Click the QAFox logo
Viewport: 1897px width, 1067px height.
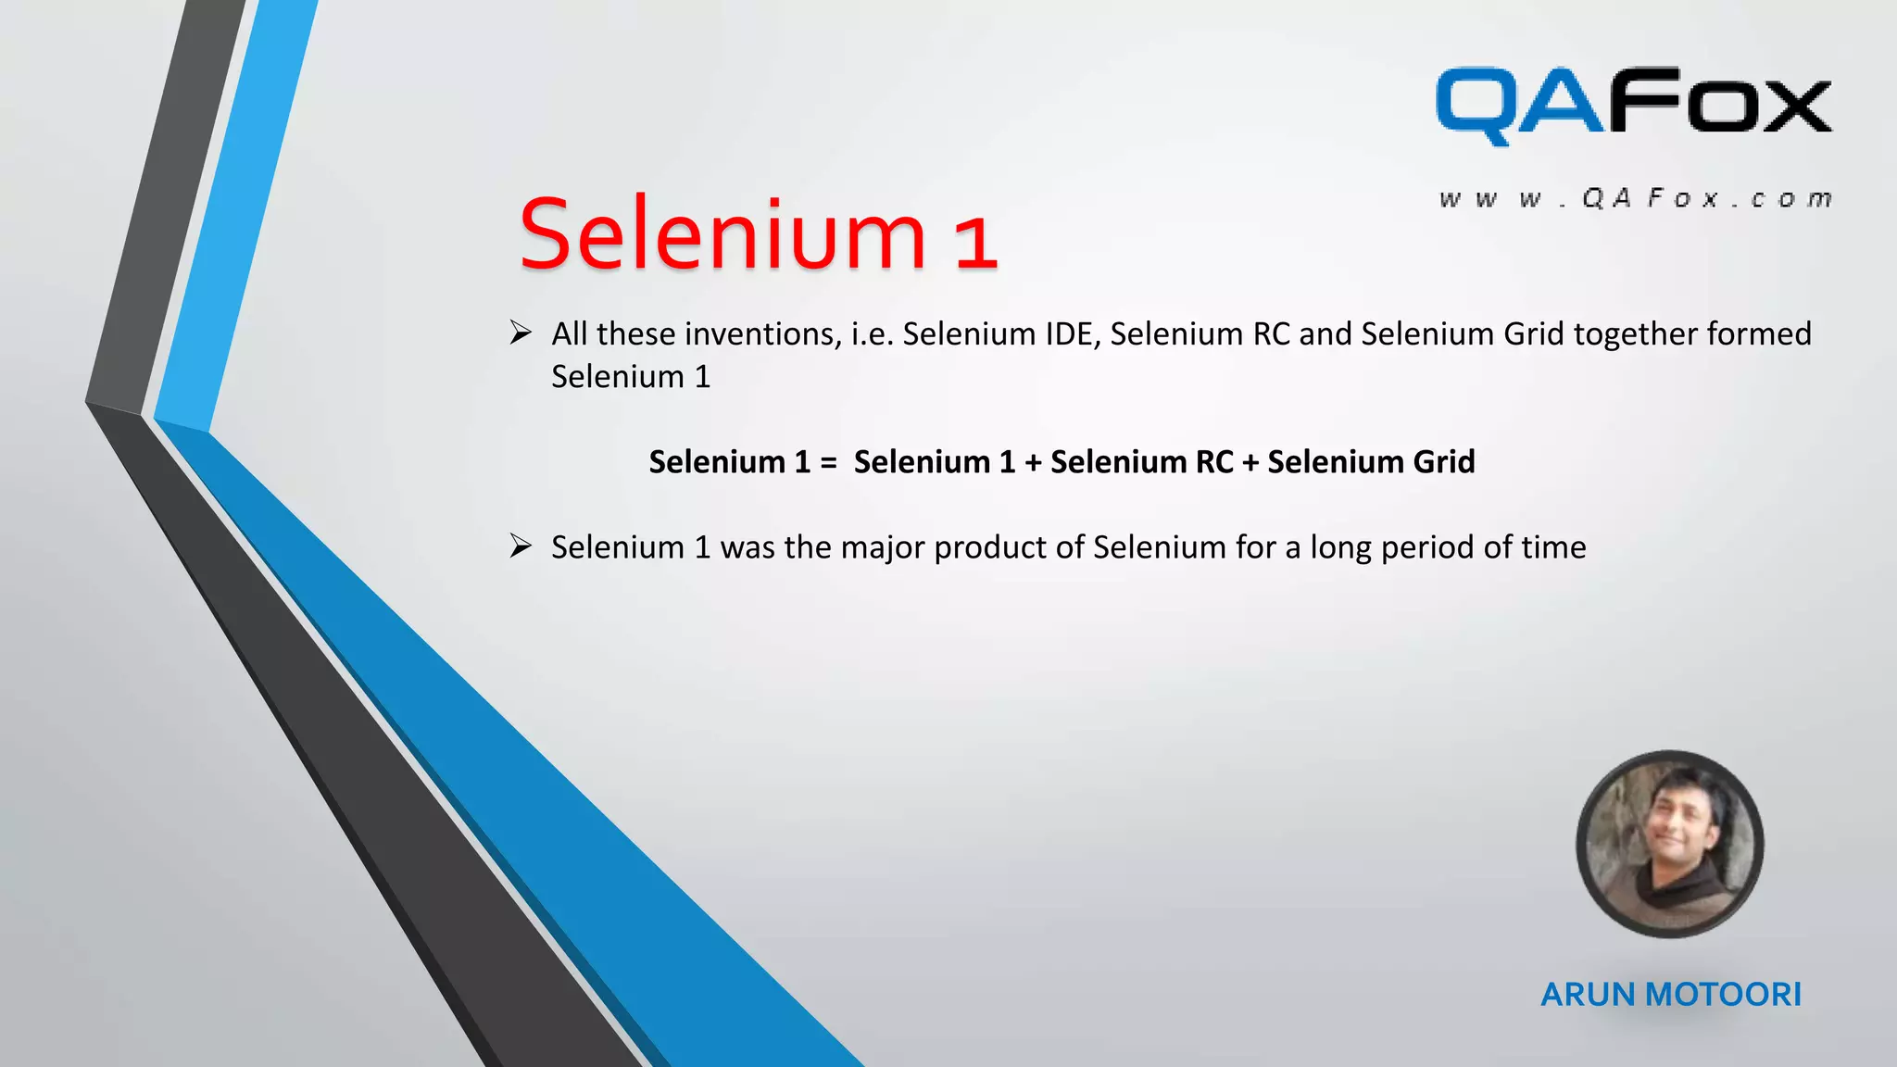(x=1633, y=105)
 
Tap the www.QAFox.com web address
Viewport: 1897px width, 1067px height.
(x=1635, y=199)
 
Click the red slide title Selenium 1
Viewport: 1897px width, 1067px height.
(x=758, y=235)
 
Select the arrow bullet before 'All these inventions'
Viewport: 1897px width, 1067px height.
(x=521, y=333)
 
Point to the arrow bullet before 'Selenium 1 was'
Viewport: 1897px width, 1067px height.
(x=521, y=546)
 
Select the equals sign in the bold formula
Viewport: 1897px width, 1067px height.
(x=828, y=462)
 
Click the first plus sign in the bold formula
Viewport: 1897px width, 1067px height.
(x=1033, y=462)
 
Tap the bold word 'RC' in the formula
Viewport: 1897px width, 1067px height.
(x=1213, y=462)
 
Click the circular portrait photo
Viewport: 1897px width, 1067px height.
(x=1669, y=844)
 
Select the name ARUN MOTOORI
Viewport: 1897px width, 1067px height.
(x=1671, y=995)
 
